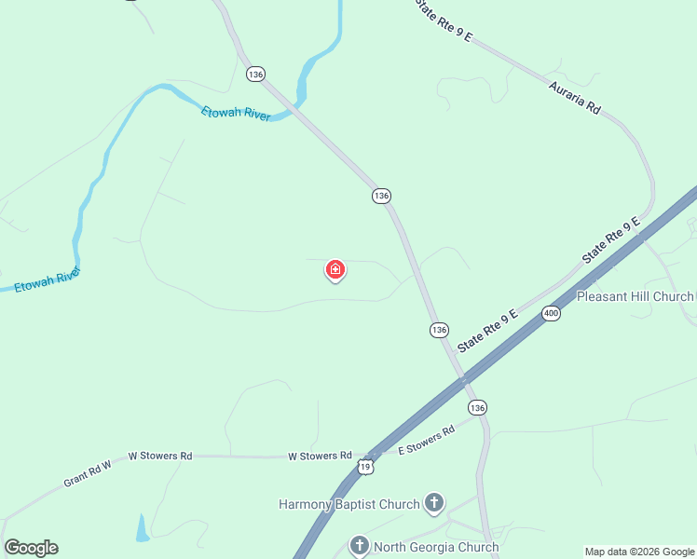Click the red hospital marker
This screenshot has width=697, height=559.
pyautogui.click(x=335, y=271)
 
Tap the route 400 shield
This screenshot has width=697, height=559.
pyautogui.click(x=552, y=314)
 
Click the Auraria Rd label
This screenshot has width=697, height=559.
pyautogui.click(x=574, y=98)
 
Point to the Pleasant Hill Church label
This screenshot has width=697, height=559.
pyautogui.click(x=635, y=296)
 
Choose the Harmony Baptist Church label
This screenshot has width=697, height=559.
pyautogui.click(x=349, y=505)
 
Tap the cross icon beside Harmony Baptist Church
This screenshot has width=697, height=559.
pyautogui.click(x=433, y=504)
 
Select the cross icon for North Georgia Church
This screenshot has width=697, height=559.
pyautogui.click(x=361, y=546)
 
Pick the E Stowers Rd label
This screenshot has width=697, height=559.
pyautogui.click(x=426, y=441)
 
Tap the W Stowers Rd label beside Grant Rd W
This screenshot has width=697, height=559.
pyautogui.click(x=159, y=457)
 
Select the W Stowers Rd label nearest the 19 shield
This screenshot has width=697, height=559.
pyautogui.click(x=320, y=457)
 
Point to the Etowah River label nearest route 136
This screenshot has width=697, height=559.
pyautogui.click(x=236, y=113)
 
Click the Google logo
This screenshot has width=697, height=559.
pyautogui.click(x=31, y=548)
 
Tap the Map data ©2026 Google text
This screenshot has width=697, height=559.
pyautogui.click(x=639, y=552)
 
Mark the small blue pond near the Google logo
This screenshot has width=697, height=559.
pyautogui.click(x=142, y=529)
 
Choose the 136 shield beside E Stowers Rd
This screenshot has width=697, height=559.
pyautogui.click(x=477, y=408)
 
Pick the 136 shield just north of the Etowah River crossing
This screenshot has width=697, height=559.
pyautogui.click(x=256, y=74)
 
